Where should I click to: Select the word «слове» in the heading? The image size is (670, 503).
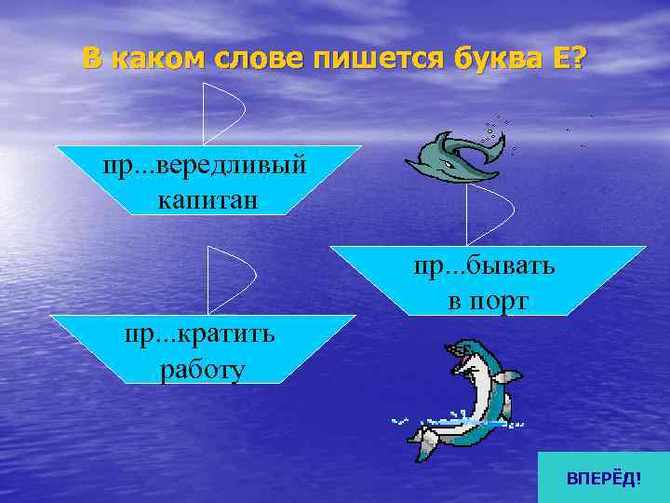click(261, 59)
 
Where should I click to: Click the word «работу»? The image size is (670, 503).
click(202, 370)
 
